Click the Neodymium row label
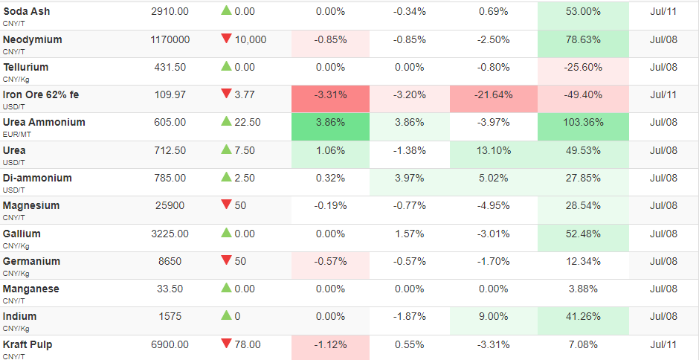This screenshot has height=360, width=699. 33,39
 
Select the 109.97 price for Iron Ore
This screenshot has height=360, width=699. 170,94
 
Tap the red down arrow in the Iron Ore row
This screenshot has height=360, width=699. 227,94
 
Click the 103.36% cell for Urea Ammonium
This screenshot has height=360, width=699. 583,122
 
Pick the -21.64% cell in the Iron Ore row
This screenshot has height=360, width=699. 494,94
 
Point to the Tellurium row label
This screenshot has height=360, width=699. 26,68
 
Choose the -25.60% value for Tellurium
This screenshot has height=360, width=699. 583,68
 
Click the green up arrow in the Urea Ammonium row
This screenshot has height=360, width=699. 227,121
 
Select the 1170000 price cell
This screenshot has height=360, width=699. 170,39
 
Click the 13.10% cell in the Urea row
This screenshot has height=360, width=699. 494,150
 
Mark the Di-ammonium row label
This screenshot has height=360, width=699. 37,178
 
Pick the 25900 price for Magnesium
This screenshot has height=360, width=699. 170,205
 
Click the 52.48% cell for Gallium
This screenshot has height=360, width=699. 583,234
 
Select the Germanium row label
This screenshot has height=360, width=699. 31,261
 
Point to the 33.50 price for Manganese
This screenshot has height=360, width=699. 170,289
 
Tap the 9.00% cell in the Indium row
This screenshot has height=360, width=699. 494,317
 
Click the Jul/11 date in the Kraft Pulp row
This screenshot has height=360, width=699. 664,344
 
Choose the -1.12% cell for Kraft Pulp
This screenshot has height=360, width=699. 330,344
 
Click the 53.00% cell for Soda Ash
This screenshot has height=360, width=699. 583,12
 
